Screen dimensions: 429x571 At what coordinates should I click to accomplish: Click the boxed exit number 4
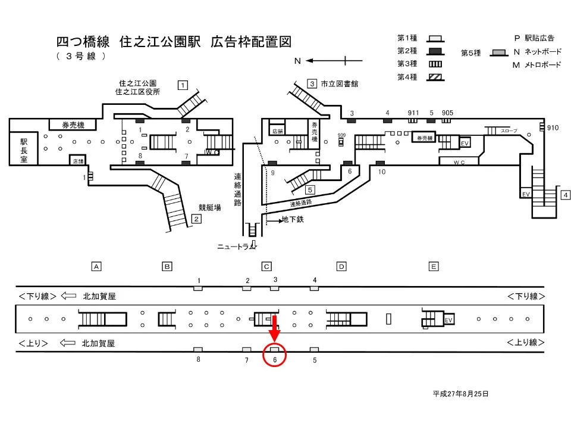tap(566, 195)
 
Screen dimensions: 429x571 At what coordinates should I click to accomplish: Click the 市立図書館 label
tap(339, 84)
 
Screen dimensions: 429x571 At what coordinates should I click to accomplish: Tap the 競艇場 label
tap(210, 208)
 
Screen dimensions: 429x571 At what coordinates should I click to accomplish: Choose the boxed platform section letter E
tap(434, 266)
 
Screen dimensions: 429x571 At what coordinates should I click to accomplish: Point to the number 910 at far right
tap(553, 128)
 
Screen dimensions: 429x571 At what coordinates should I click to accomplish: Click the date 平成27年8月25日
tap(460, 394)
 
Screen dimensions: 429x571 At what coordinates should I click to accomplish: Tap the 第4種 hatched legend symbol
tap(435, 76)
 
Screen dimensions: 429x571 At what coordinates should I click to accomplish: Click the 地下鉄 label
tap(293, 220)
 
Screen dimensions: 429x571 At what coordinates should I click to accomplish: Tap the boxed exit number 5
tap(309, 190)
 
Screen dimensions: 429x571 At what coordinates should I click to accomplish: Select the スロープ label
tap(509, 130)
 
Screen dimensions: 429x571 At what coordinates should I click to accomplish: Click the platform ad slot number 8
tap(198, 360)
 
